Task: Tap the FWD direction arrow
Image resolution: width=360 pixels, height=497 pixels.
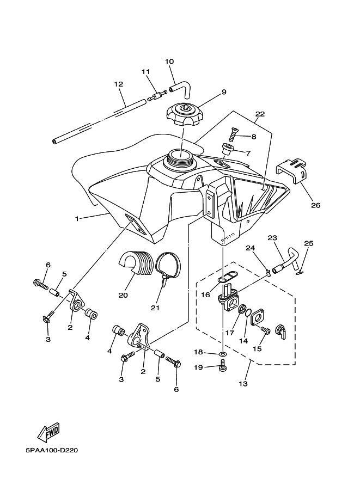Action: tap(48, 432)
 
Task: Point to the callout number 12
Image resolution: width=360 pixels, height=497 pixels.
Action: tap(119, 84)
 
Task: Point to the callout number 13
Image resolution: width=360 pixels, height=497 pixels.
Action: tap(243, 384)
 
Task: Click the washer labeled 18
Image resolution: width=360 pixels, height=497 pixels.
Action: tap(223, 353)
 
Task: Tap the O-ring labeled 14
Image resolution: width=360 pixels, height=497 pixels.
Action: tap(248, 313)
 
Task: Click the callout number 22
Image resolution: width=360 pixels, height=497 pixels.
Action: tap(260, 114)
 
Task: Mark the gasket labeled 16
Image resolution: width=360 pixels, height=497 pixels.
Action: tap(224, 275)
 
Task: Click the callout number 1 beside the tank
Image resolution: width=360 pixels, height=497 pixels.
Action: tap(76, 219)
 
